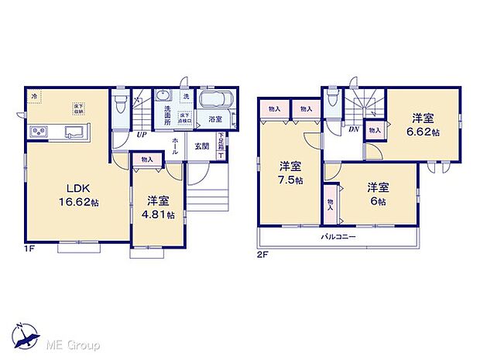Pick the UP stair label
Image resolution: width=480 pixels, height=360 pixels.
coord(142,135)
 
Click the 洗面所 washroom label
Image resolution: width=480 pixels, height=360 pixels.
coord(167,118)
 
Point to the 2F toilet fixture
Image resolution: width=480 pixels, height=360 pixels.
coord(331,98)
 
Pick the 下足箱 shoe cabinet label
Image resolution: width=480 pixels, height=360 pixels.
coord(221,142)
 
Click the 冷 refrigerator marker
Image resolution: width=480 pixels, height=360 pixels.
coord(34,95)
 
